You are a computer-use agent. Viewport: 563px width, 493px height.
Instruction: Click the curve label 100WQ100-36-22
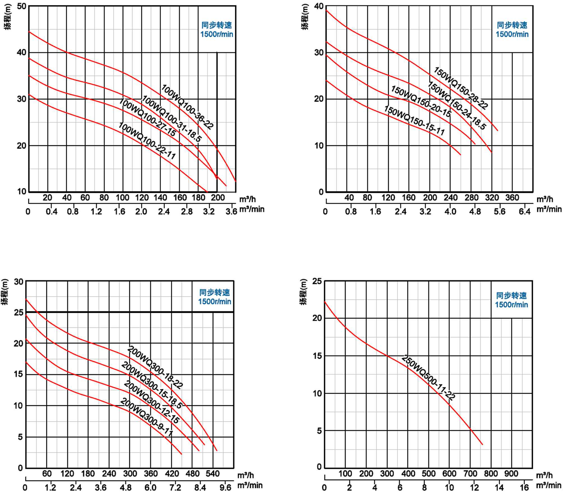[x=187, y=107]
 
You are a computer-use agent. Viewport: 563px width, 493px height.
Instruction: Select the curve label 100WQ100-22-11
[x=147, y=140]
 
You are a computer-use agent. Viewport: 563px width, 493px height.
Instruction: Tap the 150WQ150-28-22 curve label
[x=461, y=88]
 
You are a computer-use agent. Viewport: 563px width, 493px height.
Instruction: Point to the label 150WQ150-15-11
[x=414, y=120]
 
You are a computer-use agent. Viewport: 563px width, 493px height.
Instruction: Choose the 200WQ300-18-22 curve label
[x=155, y=367]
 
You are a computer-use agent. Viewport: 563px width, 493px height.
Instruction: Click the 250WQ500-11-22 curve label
[x=428, y=377]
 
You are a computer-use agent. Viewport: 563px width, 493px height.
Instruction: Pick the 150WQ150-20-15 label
[x=421, y=101]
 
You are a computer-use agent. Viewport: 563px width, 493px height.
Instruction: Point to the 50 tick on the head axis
[x=21, y=6]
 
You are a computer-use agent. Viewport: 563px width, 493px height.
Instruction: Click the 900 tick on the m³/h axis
[x=511, y=474]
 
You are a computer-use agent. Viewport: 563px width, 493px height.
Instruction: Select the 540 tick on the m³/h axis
[x=213, y=474]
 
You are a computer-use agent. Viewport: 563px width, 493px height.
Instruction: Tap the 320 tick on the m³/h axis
[x=492, y=198]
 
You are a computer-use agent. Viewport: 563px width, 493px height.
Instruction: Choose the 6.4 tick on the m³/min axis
[x=525, y=211]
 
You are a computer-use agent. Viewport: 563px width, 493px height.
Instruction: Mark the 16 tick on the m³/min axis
[x=524, y=487]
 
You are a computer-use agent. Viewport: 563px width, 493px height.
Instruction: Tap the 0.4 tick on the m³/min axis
[x=51, y=211]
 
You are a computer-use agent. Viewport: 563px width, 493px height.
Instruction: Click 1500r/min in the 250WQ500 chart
[x=511, y=305]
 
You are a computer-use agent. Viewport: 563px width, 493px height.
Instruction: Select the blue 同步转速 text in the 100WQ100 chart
[x=216, y=25]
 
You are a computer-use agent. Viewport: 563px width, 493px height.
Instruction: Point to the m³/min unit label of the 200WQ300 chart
[x=250, y=485]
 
